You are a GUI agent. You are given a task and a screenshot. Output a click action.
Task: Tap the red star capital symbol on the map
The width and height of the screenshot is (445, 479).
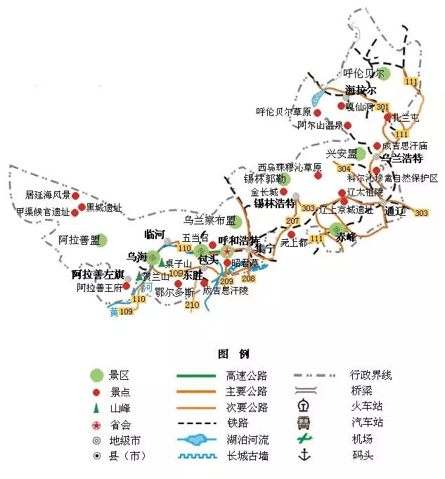point(227,251)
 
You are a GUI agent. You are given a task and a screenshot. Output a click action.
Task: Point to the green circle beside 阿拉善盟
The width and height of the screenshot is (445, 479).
point(102,240)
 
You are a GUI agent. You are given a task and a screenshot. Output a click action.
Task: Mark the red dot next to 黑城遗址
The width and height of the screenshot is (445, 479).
point(82,207)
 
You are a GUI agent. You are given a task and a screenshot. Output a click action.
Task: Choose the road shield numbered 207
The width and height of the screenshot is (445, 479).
point(293,222)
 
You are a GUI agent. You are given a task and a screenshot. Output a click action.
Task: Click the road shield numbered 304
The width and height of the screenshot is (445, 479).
point(344,169)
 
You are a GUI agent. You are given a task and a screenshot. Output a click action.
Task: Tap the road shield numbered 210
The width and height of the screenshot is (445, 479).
point(192,305)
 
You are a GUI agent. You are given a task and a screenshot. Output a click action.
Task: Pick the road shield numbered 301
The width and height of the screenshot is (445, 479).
point(382,107)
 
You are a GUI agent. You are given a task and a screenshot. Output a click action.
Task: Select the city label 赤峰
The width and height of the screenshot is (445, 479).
point(346,238)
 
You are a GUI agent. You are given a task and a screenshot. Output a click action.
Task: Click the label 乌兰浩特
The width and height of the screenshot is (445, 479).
point(400,159)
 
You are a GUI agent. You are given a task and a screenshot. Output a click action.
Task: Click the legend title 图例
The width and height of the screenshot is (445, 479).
point(233,354)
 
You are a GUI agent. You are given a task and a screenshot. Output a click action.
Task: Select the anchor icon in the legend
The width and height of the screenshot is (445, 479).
point(304,455)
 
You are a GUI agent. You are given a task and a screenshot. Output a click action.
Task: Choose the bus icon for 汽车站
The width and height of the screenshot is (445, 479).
point(304,423)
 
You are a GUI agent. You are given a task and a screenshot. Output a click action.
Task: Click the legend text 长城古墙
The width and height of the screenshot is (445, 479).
point(247,456)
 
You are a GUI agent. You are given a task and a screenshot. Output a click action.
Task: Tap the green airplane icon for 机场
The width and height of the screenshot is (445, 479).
point(304,439)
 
